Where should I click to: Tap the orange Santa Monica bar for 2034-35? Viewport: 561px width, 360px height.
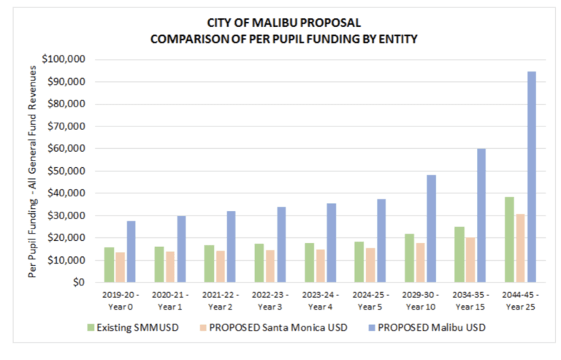coord(470,259)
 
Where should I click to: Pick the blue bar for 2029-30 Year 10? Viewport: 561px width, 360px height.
coord(432,229)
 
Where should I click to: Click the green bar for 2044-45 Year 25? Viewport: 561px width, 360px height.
coord(509,240)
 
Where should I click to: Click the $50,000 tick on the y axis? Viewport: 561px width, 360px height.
coord(66,171)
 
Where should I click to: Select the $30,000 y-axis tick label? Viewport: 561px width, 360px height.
coord(66,215)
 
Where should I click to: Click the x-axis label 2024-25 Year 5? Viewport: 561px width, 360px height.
coord(371,299)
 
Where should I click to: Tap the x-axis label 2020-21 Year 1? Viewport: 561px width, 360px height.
coord(170,299)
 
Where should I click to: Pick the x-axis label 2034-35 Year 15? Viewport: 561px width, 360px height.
coord(471,299)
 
